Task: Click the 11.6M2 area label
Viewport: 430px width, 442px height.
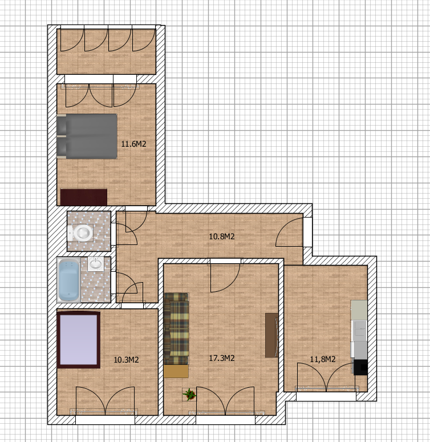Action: (133, 144)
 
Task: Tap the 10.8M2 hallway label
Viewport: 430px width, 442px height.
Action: (222, 236)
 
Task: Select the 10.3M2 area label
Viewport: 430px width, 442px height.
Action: (126, 360)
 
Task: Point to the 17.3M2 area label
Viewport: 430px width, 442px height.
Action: (222, 358)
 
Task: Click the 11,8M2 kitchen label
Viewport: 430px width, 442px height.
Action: (323, 359)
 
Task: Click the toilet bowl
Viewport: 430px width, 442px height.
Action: (80, 233)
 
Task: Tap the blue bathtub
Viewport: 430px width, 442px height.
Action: (68, 280)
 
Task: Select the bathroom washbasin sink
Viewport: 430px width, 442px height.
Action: (95, 264)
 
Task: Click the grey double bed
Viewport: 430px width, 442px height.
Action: (87, 136)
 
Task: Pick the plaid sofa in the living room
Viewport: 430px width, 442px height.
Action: (176, 329)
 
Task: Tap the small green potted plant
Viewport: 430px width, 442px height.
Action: (189, 394)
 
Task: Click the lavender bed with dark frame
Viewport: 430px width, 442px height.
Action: (79, 340)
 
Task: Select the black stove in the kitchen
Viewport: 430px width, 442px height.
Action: (360, 367)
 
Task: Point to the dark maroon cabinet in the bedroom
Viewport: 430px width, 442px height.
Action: (84, 197)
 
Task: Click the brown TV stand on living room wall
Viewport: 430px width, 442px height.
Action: (271, 335)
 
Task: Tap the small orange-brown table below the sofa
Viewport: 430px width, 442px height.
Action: (176, 371)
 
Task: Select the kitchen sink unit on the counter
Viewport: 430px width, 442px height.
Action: (359, 331)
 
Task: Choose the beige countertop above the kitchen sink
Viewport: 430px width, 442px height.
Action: (359, 310)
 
